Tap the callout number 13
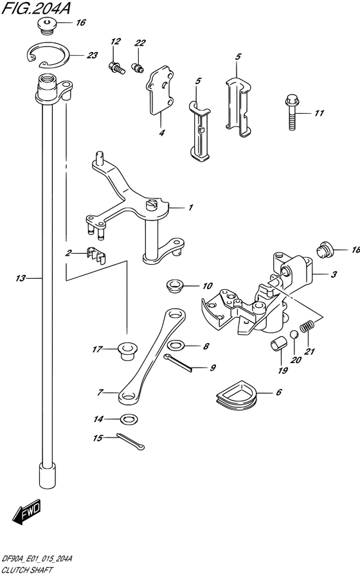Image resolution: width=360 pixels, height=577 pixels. coord(20,278)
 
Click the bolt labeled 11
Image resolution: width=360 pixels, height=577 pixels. coord(292,112)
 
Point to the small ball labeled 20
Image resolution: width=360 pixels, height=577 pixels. coord(294,335)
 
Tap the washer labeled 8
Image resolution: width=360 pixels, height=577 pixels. coord(176,345)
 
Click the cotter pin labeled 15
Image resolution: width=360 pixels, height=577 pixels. coord(130,441)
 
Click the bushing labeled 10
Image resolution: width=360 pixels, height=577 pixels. coord(175,286)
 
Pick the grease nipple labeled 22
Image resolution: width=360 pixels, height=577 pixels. coord(138,68)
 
